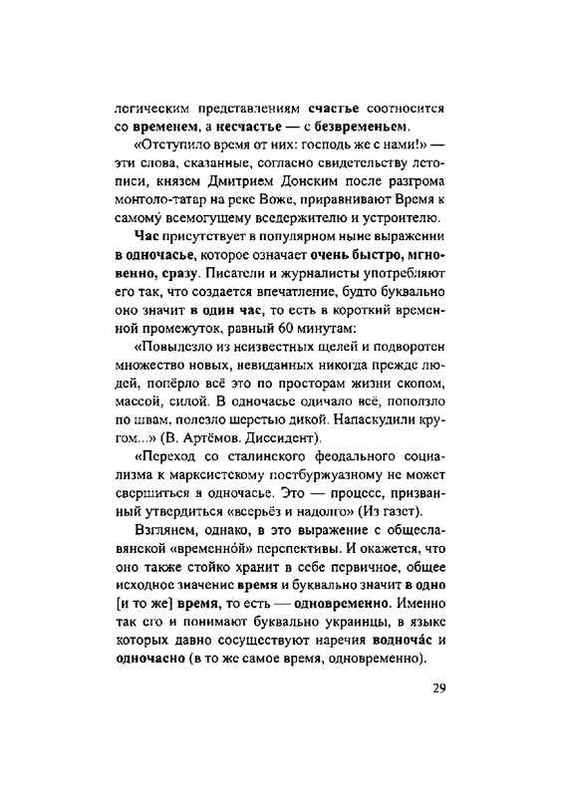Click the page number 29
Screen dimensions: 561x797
[x=445, y=690]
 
